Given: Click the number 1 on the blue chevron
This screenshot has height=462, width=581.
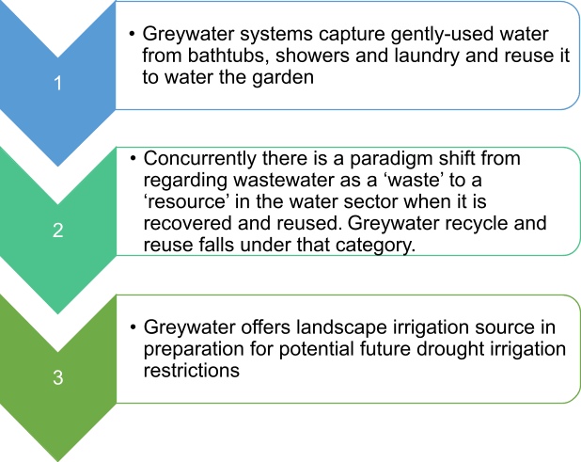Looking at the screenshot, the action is coord(57,83).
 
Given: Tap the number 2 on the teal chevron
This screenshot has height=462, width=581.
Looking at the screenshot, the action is coord(57,231).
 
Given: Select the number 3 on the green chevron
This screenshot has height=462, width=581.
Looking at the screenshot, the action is coord(57,377).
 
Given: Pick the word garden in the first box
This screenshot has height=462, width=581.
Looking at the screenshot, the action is coord(283,78).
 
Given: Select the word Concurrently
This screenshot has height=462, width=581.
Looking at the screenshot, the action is coord(199,159).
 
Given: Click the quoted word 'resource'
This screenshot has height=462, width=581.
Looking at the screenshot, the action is coord(184,202).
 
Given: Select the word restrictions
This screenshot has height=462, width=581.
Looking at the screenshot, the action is coord(191,371).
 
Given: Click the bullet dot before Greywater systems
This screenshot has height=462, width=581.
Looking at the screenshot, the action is coord(132,34).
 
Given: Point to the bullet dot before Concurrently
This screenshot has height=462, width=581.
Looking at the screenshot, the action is coord(133,158).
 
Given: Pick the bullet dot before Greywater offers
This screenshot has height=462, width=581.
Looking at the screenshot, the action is coord(133,327).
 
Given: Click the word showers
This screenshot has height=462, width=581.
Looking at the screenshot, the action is coord(312,56).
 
